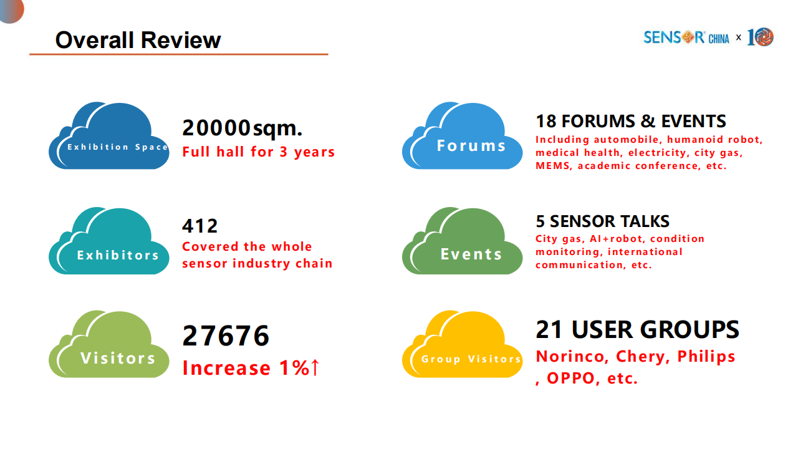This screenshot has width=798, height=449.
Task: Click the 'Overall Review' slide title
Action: (x=138, y=40)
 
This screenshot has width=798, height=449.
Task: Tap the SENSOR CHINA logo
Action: (x=686, y=37)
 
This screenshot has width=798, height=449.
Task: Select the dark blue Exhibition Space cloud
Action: (x=109, y=135)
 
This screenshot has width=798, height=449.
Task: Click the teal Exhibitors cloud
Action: (x=109, y=241)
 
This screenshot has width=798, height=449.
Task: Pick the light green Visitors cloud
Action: (x=109, y=344)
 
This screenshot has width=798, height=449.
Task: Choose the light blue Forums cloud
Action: (x=463, y=135)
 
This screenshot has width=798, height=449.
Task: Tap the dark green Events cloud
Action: (x=463, y=241)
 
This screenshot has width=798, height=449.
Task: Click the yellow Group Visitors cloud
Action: (x=463, y=344)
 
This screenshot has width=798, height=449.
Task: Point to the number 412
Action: (x=200, y=226)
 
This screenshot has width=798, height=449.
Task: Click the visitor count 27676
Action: (x=226, y=336)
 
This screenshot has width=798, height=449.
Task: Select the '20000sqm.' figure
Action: (x=243, y=128)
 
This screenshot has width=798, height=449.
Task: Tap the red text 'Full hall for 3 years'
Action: (x=259, y=152)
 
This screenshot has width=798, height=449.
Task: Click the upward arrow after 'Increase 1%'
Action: (x=315, y=367)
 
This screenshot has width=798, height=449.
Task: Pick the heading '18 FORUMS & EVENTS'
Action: (x=631, y=121)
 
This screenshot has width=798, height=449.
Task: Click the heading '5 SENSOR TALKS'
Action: (x=603, y=221)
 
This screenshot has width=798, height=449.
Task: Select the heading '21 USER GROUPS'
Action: (x=638, y=330)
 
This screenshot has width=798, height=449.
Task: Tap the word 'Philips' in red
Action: (x=706, y=357)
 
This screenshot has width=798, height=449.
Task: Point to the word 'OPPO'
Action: (x=570, y=379)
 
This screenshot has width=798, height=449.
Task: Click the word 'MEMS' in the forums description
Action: (x=552, y=166)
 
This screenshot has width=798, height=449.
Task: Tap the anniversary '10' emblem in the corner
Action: (x=760, y=37)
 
